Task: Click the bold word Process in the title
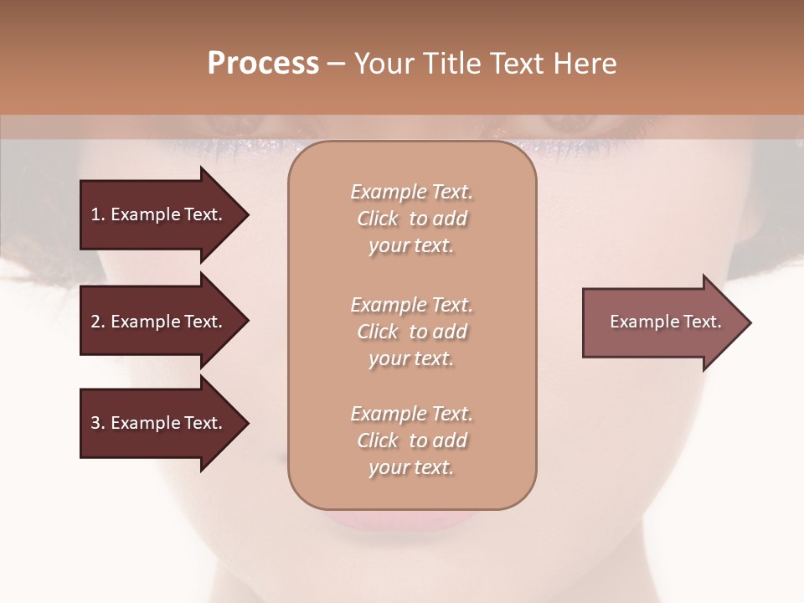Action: pyautogui.click(x=263, y=64)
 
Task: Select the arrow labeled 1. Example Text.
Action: pyautogui.click(x=157, y=214)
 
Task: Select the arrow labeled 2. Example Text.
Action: pyautogui.click(x=157, y=322)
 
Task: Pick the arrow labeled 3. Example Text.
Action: pyautogui.click(x=157, y=423)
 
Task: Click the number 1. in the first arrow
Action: pyautogui.click(x=97, y=214)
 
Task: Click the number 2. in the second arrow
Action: pyautogui.click(x=97, y=322)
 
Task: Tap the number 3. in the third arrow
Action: pyautogui.click(x=97, y=423)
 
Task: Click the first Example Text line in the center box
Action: pyautogui.click(x=411, y=192)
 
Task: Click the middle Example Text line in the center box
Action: pyautogui.click(x=411, y=305)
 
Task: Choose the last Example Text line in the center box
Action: pyautogui.click(x=411, y=414)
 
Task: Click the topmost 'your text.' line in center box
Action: pyautogui.click(x=411, y=246)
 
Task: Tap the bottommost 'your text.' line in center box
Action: pyautogui.click(x=411, y=468)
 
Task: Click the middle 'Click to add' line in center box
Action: pyautogui.click(x=411, y=332)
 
